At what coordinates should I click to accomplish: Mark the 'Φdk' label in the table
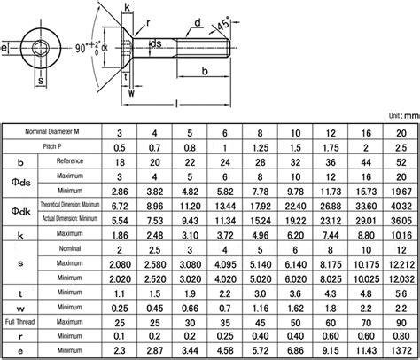point(20,212)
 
